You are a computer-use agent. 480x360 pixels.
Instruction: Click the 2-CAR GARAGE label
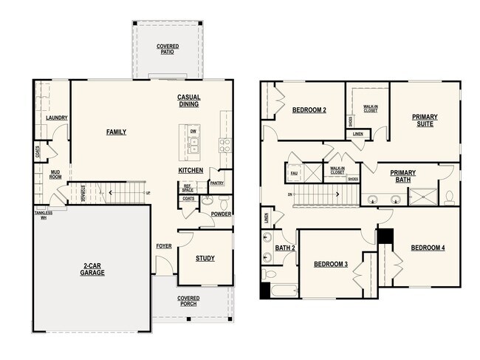point(93,269)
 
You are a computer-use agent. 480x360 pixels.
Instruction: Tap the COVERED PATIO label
point(168,49)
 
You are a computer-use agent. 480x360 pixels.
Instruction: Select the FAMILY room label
point(116,132)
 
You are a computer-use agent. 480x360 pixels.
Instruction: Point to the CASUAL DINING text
point(189,101)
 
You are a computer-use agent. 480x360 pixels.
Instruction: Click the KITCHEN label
point(191,171)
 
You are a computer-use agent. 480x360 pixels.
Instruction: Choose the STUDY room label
point(205,258)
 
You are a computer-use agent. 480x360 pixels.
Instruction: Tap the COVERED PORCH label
point(188,302)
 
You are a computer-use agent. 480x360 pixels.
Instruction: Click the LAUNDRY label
point(57,118)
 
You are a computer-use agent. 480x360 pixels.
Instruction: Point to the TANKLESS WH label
point(43,215)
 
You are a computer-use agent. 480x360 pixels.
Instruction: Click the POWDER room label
point(221,214)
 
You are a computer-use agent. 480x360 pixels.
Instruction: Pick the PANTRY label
point(216,183)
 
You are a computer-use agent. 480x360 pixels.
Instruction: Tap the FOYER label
point(164,246)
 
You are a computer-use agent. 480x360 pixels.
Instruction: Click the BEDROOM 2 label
point(309,110)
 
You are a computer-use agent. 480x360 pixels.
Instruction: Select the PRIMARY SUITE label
point(425,120)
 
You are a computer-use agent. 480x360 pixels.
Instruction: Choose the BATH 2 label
point(285,248)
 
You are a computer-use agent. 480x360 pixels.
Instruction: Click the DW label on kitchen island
point(193,132)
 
